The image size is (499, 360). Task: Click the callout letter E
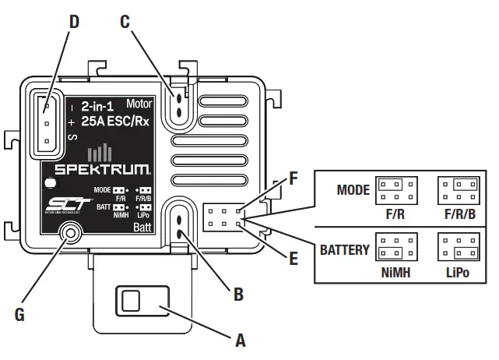[x=293, y=258]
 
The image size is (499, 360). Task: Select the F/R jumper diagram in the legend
[x=396, y=189]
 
